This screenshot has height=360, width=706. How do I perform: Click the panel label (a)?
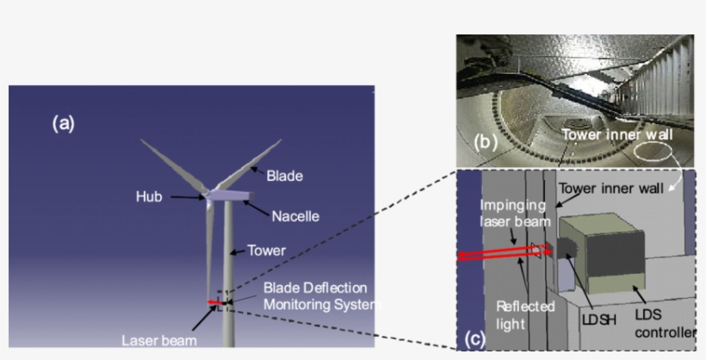[64, 123]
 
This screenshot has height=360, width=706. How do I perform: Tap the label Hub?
[149, 196]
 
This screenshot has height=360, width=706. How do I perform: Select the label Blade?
[283, 176]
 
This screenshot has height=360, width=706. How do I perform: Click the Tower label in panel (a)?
[267, 251]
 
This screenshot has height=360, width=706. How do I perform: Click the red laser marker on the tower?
[217, 302]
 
